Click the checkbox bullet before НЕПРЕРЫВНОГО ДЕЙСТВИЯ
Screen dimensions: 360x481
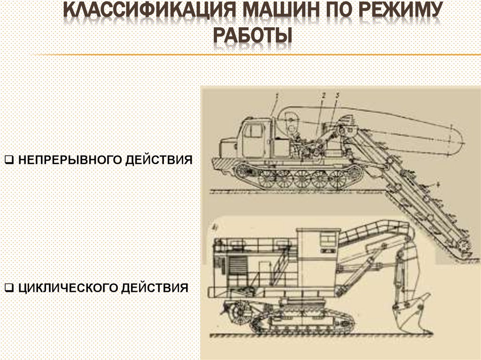[8, 160]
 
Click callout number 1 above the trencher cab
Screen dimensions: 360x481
[277, 96]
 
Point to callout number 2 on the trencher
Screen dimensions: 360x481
[324, 96]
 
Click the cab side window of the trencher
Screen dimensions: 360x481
[253, 131]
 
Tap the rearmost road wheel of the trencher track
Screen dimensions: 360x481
[338, 179]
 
